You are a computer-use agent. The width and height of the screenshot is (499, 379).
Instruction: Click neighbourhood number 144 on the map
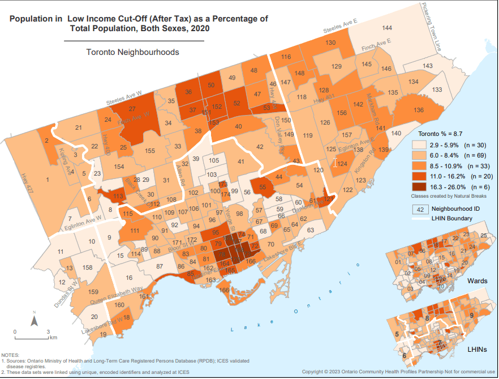click(387, 28)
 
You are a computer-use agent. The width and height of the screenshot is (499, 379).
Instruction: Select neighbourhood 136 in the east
click(419, 110)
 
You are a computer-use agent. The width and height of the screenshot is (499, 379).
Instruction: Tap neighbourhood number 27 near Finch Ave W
click(132, 109)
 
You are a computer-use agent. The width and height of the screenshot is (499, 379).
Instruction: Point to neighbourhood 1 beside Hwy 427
click(48, 180)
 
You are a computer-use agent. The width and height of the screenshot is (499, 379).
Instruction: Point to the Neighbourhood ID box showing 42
click(420, 208)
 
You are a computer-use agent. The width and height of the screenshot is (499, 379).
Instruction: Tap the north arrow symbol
click(33, 322)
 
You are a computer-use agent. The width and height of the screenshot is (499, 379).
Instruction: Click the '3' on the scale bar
click(48, 331)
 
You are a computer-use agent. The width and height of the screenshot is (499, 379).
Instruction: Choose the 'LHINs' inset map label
click(478, 350)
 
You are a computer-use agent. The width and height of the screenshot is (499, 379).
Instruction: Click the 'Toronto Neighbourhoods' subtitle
click(132, 52)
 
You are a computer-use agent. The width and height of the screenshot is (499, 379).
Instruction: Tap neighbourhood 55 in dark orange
click(263, 186)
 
